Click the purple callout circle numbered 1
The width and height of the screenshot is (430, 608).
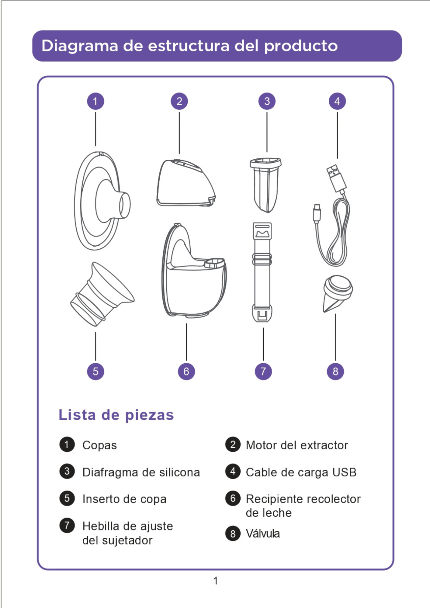tap(95, 101)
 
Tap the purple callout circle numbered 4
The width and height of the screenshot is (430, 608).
tap(337, 101)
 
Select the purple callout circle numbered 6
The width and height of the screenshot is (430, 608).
tap(186, 371)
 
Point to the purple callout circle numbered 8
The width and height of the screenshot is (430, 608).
tap(335, 371)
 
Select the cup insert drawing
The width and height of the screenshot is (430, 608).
tap(102, 294)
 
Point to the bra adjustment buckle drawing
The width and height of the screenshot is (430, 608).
tap(262, 272)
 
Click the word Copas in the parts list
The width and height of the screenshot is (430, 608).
tap(99, 445)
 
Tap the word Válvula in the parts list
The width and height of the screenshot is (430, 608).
tap(263, 534)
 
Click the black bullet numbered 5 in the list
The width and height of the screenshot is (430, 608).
tap(67, 498)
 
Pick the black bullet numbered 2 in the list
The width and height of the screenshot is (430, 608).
tap(233, 444)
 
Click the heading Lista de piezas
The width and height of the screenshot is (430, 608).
tap(116, 415)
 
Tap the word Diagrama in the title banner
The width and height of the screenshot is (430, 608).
tap(80, 46)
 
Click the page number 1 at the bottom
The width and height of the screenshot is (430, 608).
tap(216, 581)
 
